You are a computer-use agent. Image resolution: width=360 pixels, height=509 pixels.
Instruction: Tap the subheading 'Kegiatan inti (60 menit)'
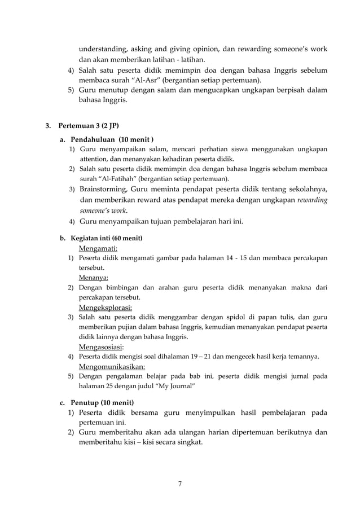(x=106, y=238)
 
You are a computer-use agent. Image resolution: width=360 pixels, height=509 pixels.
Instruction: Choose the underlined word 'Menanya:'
(x=94, y=278)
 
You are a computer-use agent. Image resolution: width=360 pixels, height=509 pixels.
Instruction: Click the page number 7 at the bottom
(x=180, y=483)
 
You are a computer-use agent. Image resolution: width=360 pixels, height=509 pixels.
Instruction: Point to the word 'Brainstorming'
(x=104, y=188)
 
